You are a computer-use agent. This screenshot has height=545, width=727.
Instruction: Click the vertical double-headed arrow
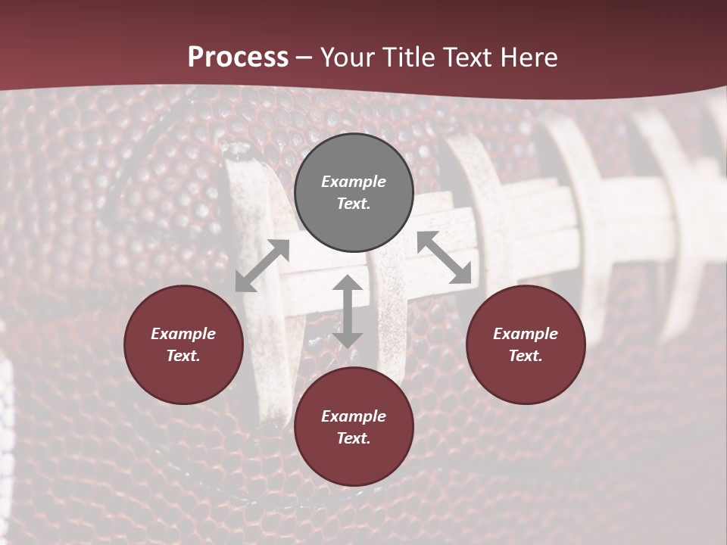[348, 312]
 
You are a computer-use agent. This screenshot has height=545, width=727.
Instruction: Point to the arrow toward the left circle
[262, 266]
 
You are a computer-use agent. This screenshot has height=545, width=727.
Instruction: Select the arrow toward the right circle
[445, 258]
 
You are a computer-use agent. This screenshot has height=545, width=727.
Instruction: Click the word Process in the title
[238, 57]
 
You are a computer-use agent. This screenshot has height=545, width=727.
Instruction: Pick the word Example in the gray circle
[354, 182]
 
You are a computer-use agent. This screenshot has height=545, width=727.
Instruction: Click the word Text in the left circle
[183, 356]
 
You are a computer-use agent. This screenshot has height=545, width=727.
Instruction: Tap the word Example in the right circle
[526, 334]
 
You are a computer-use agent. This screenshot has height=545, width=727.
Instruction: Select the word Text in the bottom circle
[354, 438]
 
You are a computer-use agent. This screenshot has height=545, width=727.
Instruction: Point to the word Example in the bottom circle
[354, 416]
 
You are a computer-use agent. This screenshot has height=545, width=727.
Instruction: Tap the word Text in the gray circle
[354, 204]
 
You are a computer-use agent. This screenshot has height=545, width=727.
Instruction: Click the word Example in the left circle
[183, 334]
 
